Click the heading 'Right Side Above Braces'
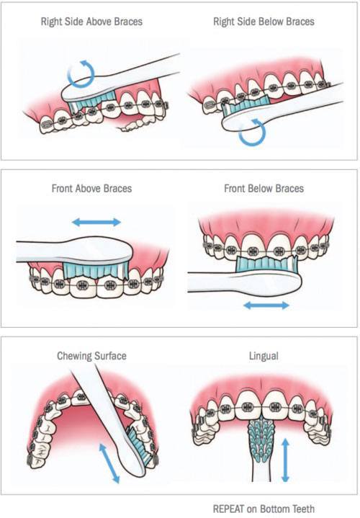point(91,22)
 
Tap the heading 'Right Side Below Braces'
point(264,22)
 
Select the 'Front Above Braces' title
point(91,188)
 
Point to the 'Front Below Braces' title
point(264,188)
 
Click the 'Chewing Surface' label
point(91,356)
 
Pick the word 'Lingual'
point(264,356)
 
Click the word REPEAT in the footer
point(229,509)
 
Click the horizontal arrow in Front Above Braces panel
point(96,222)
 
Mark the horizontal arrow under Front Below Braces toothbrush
point(266,305)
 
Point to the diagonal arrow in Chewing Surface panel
point(109,463)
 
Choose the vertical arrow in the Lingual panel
point(286,459)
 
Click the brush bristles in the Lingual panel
point(264,440)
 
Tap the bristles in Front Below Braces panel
point(266,264)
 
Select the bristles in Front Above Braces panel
point(95,269)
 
